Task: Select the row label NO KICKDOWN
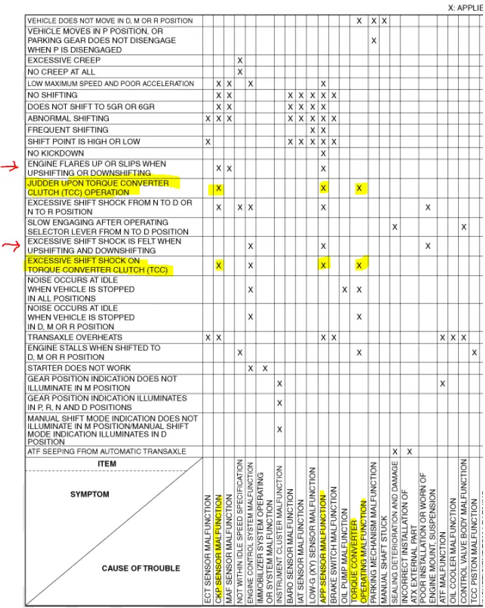[x=56, y=153]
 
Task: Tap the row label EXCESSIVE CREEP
[x=64, y=60]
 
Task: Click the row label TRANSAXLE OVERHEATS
[x=75, y=337]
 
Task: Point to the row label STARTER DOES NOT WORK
[x=79, y=368]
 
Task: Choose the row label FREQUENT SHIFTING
[x=69, y=130]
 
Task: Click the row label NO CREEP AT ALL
[x=61, y=72]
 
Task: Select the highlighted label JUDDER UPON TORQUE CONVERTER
[x=98, y=183]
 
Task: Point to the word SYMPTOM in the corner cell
[x=89, y=495]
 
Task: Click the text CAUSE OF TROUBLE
[x=141, y=568]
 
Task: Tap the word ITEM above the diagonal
[x=107, y=464]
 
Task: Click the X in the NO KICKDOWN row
[x=323, y=153]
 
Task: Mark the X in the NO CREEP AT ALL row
[x=240, y=72]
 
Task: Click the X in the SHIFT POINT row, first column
[x=208, y=142]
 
